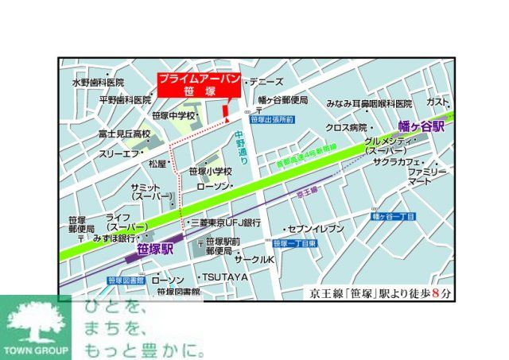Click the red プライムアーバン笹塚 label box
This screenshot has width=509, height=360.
click(x=188, y=85)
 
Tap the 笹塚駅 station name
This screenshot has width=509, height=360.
click(x=154, y=249)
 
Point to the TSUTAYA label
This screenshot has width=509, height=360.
click(x=225, y=277)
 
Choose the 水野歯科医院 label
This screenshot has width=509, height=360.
click(x=98, y=83)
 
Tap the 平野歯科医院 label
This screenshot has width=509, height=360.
click(x=124, y=100)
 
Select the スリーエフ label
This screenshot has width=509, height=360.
click(x=119, y=153)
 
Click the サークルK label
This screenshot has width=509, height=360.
click(x=254, y=260)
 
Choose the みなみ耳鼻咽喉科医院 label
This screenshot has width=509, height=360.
click(x=369, y=104)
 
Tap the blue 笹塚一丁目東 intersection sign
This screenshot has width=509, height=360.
click(x=295, y=244)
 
